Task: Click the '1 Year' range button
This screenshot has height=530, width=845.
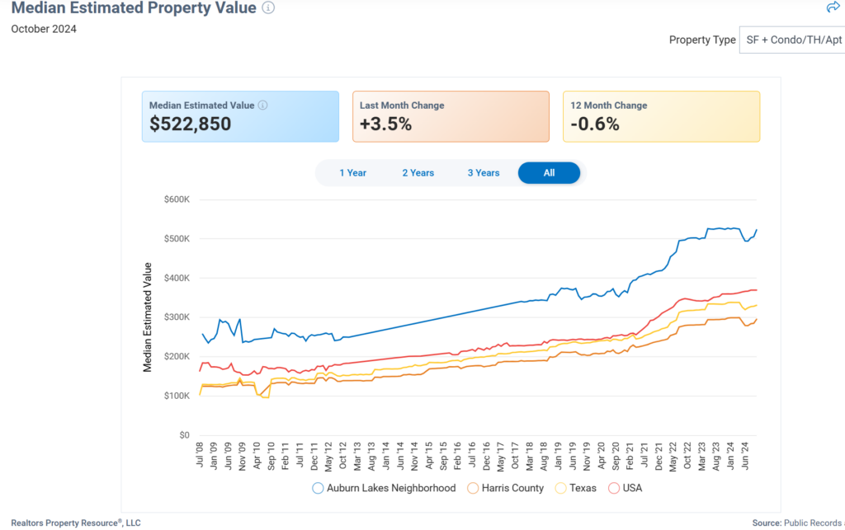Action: click(x=352, y=173)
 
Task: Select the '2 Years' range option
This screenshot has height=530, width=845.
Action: click(x=418, y=173)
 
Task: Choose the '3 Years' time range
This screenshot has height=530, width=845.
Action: click(x=484, y=173)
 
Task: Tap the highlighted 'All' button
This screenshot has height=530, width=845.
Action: click(x=549, y=173)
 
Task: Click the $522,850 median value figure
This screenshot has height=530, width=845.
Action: click(x=190, y=124)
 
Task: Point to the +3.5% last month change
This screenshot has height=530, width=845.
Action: click(x=385, y=124)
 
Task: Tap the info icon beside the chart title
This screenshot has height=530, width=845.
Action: click(x=268, y=7)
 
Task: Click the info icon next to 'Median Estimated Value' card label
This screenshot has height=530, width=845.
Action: click(x=263, y=106)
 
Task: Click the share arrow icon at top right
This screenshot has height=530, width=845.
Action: click(x=832, y=7)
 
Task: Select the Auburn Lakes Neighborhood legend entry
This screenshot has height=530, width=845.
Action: click(x=384, y=488)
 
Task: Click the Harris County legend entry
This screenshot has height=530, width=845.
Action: click(x=505, y=488)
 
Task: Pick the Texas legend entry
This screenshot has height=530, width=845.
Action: click(x=575, y=488)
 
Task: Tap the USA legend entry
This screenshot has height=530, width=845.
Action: click(x=625, y=488)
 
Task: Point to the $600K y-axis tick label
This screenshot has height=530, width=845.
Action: click(x=177, y=199)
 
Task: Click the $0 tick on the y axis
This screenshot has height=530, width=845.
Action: click(x=184, y=435)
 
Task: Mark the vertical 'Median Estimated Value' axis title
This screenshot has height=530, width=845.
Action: click(x=148, y=317)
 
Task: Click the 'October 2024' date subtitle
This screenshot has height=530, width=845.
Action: click(x=44, y=29)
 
